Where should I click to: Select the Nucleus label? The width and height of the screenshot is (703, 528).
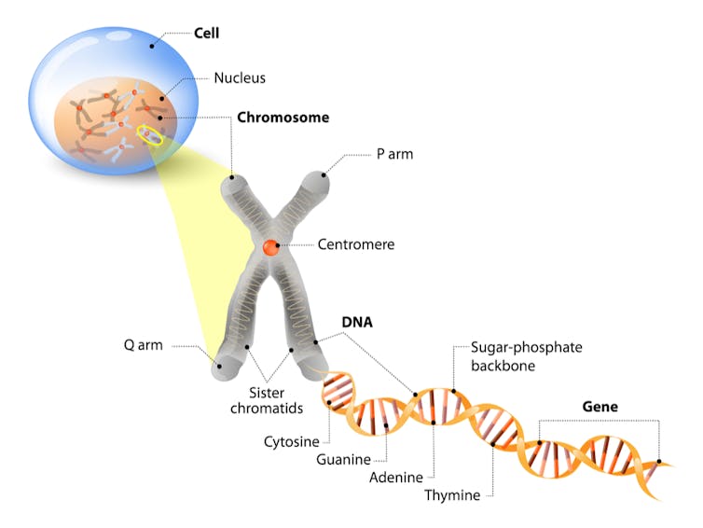(x=240, y=77)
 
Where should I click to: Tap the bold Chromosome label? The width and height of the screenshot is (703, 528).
(x=283, y=118)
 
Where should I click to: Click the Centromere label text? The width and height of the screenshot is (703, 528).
(x=356, y=245)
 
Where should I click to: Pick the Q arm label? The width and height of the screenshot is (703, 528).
(x=144, y=344)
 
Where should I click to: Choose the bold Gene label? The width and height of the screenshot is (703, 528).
(x=600, y=407)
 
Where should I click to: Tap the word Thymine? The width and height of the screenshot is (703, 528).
(x=451, y=494)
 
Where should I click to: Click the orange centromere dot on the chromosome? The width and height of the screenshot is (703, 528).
(x=270, y=247)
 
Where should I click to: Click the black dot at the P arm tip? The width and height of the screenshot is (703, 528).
(x=324, y=174)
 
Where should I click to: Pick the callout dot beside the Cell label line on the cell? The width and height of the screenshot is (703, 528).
(x=151, y=44)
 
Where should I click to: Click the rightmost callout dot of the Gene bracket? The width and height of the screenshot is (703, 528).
(x=659, y=461)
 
